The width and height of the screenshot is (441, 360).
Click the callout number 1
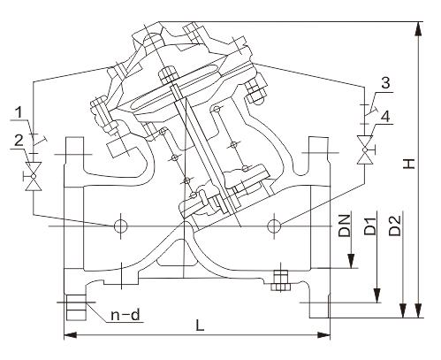19,113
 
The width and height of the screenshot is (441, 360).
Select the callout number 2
19,142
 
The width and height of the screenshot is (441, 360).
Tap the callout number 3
385,83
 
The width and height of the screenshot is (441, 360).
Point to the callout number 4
385,117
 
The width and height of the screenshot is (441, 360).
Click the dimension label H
409,164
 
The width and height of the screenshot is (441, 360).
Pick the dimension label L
201,326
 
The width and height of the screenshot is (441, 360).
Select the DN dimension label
345,226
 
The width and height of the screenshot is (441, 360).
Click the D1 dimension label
370,226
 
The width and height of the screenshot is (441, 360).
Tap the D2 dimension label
395,226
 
